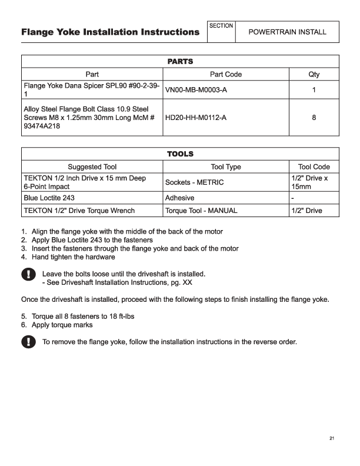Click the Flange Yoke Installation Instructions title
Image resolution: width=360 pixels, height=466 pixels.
110,32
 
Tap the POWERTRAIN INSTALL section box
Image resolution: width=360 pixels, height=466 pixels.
287,32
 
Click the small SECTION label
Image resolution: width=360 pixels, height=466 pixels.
222,26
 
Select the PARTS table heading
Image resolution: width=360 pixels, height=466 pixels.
180,61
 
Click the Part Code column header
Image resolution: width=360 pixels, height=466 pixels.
226,75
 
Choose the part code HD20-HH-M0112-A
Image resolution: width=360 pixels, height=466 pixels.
196,118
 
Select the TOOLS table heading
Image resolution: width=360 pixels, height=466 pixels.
180,154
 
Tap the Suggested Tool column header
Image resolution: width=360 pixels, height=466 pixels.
92,167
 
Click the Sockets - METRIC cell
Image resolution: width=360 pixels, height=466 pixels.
195,182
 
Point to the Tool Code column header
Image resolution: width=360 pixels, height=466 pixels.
314,167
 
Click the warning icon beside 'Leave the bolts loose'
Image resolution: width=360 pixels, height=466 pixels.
28,274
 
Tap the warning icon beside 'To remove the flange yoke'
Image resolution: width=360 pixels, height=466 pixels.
28,342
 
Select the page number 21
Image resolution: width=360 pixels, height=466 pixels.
332,438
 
